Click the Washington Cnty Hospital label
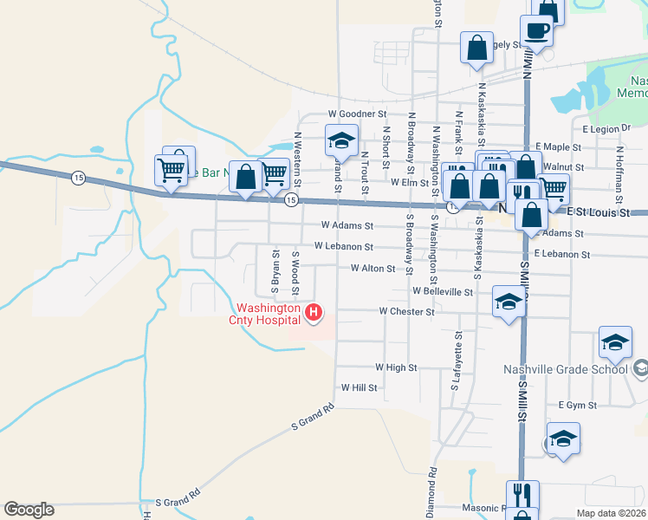268,313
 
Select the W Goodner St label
356,114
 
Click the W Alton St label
373,269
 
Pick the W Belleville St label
443,292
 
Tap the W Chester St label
406,311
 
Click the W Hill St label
360,387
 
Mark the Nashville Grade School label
565,369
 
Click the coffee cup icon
536,32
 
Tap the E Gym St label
578,405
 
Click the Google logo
29,510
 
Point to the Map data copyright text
611,513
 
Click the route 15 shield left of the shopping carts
79,177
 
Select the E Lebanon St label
561,255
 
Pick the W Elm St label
409,183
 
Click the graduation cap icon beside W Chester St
509,302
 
